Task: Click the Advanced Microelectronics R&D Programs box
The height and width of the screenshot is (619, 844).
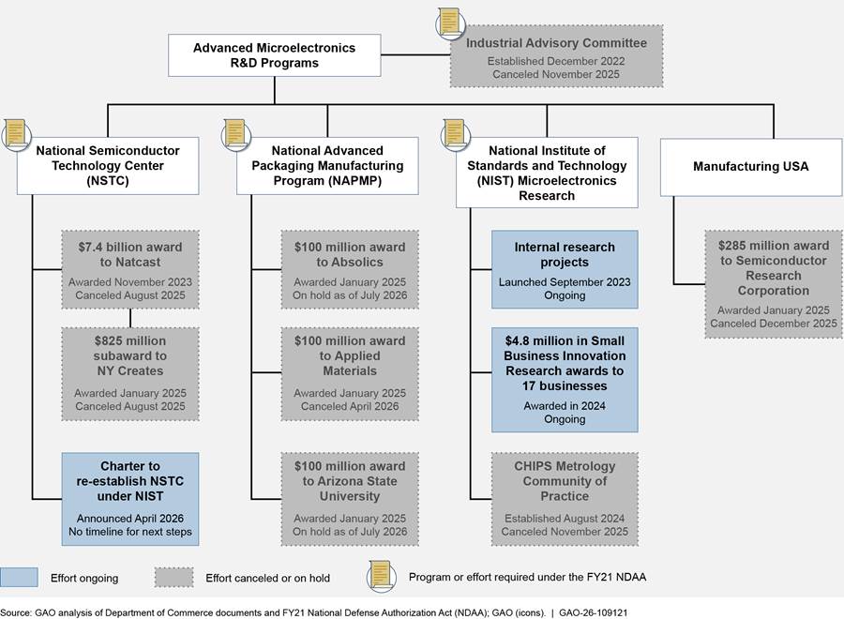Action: click(275, 55)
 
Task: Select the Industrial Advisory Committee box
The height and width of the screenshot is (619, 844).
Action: click(556, 56)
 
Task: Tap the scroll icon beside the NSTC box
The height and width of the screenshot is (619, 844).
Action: click(16, 133)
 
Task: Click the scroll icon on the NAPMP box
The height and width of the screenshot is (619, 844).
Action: click(235, 133)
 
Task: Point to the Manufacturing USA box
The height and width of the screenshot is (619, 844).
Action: click(751, 167)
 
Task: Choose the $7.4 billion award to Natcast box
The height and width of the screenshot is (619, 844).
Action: click(130, 270)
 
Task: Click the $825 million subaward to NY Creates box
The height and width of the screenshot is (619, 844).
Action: click(130, 374)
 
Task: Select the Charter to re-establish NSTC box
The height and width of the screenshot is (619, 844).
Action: click(130, 499)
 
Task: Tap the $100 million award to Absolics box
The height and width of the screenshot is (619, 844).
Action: click(350, 270)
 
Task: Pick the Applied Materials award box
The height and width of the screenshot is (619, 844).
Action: click(350, 374)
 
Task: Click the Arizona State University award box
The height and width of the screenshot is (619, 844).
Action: click(350, 499)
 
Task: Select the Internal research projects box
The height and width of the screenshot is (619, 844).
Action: click(565, 270)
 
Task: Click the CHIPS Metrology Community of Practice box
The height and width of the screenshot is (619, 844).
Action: click(565, 499)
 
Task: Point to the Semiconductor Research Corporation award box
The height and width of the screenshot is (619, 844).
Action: click(774, 284)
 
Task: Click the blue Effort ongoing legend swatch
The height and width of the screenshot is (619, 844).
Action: click(19, 577)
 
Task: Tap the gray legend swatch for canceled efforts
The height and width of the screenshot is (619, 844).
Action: click(173, 577)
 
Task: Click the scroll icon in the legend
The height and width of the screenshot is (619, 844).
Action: click(381, 576)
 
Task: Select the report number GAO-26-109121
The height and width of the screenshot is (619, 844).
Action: click(594, 612)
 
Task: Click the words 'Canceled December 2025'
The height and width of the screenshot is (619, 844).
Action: click(774, 324)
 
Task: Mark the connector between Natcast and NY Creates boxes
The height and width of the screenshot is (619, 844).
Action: click(130, 318)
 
